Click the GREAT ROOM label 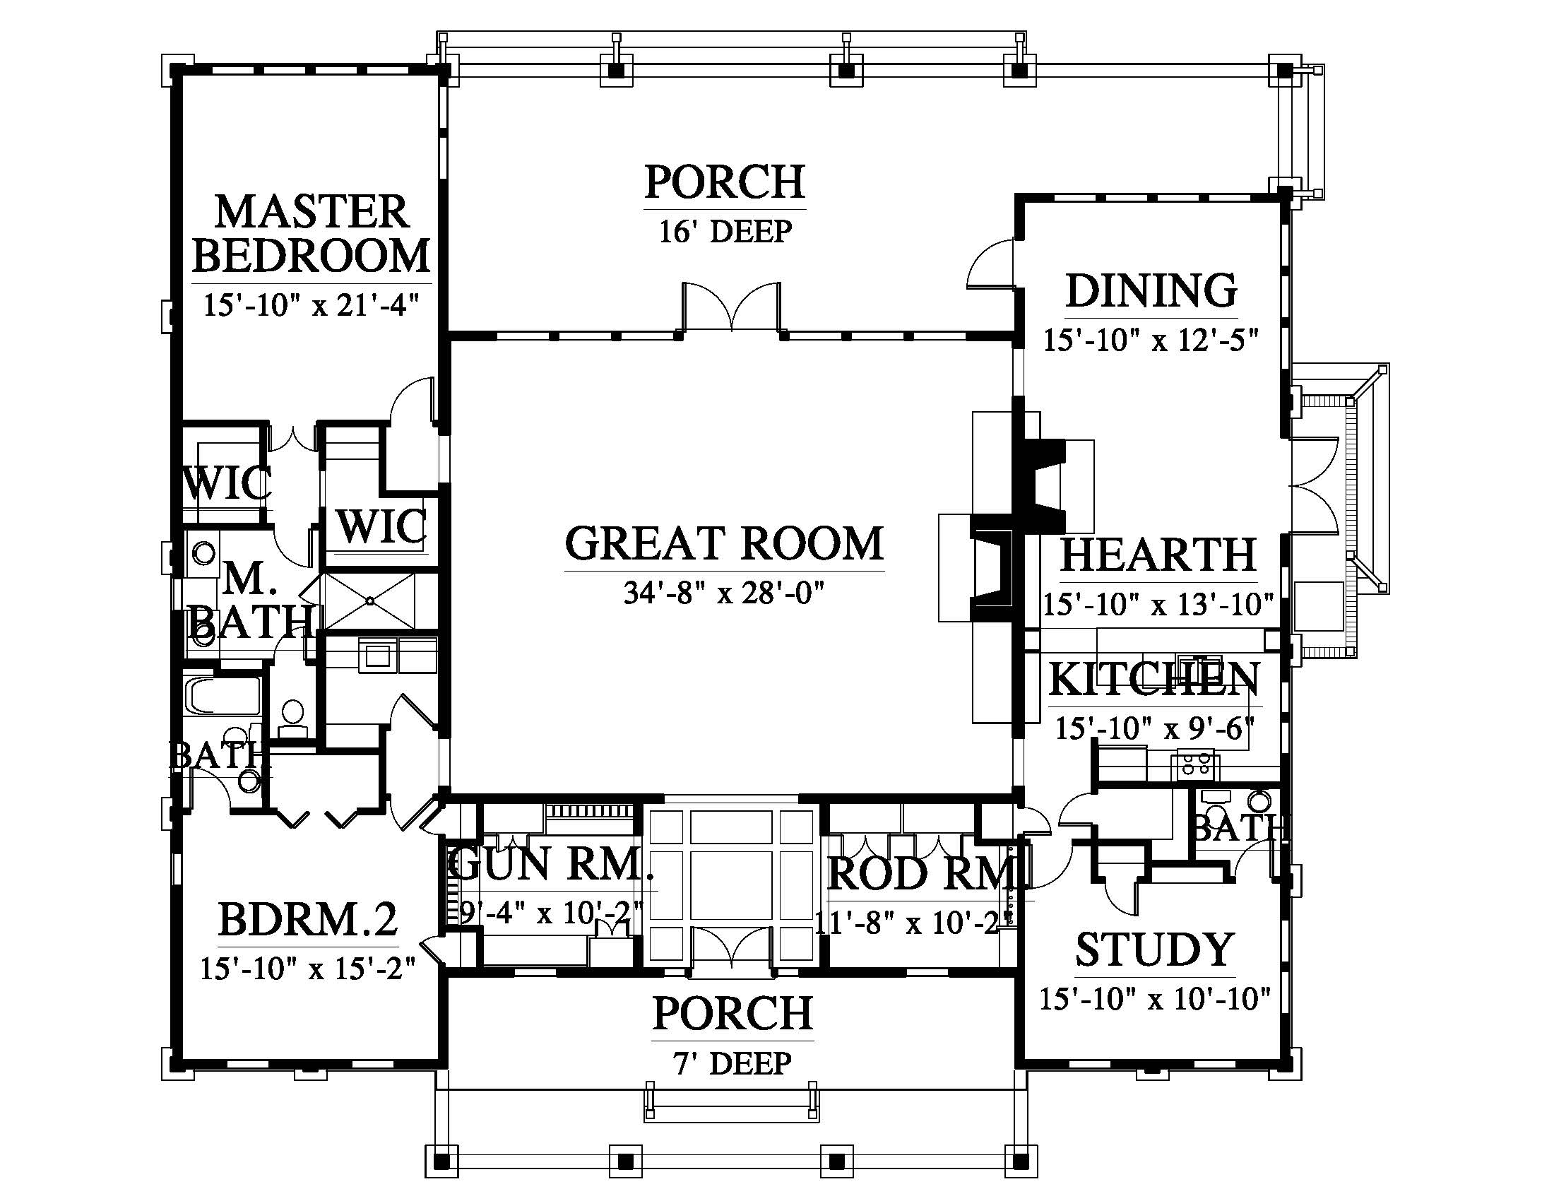(724, 543)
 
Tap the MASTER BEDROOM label (312, 233)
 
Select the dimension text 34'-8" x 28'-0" (724, 592)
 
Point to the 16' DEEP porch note (725, 231)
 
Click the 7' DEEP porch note (733, 1063)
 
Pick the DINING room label (1151, 290)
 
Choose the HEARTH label (1158, 555)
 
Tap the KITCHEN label (1154, 679)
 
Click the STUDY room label (1154, 949)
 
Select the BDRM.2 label (307, 919)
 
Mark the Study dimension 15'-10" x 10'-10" (1154, 999)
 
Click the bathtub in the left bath (223, 695)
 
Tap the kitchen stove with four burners (1195, 765)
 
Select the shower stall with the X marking (368, 602)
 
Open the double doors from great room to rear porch (732, 307)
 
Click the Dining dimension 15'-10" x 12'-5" (1151, 340)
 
